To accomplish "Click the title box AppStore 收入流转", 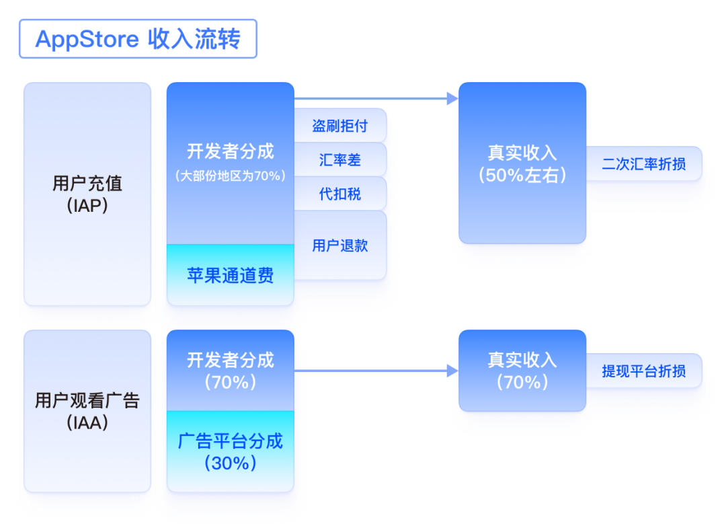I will (138, 39).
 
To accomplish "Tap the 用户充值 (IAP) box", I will (87, 194).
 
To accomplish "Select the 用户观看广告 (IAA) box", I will (87, 411).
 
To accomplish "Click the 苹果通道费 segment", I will (231, 275).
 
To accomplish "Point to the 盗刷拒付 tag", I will (340, 126).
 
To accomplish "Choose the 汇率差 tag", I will (340, 160).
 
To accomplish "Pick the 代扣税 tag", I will (340, 194).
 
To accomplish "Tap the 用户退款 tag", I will (340, 245).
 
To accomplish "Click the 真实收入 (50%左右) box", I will (522, 163).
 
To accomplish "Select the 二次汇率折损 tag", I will (644, 163).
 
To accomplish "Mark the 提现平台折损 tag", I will (644, 371).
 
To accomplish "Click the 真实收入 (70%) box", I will (522, 371).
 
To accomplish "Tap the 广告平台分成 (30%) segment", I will (231, 451).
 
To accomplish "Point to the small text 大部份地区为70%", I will (231, 176).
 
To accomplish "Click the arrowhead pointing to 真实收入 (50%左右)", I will (452, 99).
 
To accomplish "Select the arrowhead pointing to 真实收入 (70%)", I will (452, 371).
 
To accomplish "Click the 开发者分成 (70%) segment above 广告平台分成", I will (231, 371).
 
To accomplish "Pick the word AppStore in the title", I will (87, 39).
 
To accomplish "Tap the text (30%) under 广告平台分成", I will (231, 463).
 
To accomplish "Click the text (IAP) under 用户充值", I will (87, 206).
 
